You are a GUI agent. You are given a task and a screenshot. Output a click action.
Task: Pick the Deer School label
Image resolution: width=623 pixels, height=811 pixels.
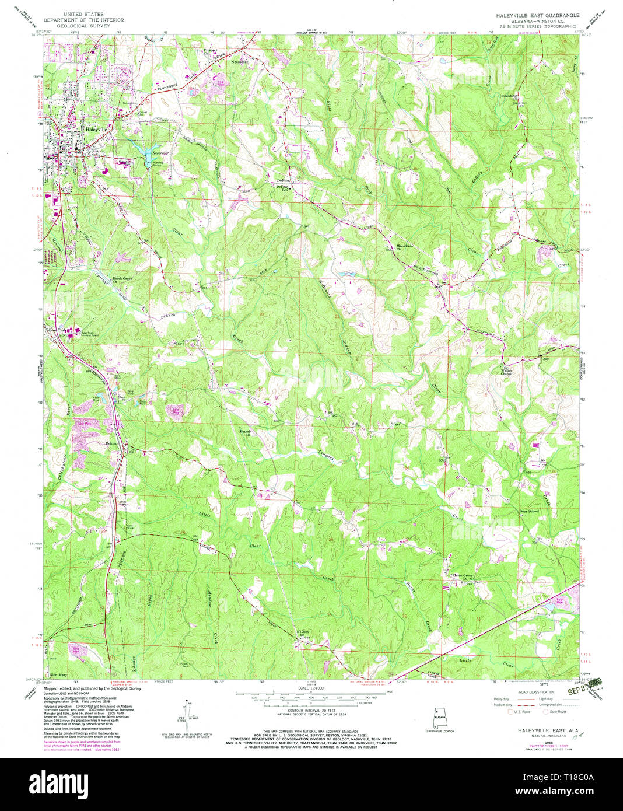[528, 511]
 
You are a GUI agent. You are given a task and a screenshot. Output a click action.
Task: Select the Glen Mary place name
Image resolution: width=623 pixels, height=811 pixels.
[59, 674]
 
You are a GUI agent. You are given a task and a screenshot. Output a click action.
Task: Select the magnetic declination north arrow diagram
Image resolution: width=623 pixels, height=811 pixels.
[186, 712]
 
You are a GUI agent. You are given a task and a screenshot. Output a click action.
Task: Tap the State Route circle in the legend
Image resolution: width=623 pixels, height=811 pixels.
[545, 712]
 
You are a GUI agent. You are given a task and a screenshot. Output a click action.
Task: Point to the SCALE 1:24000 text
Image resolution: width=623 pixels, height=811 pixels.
[311, 688]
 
